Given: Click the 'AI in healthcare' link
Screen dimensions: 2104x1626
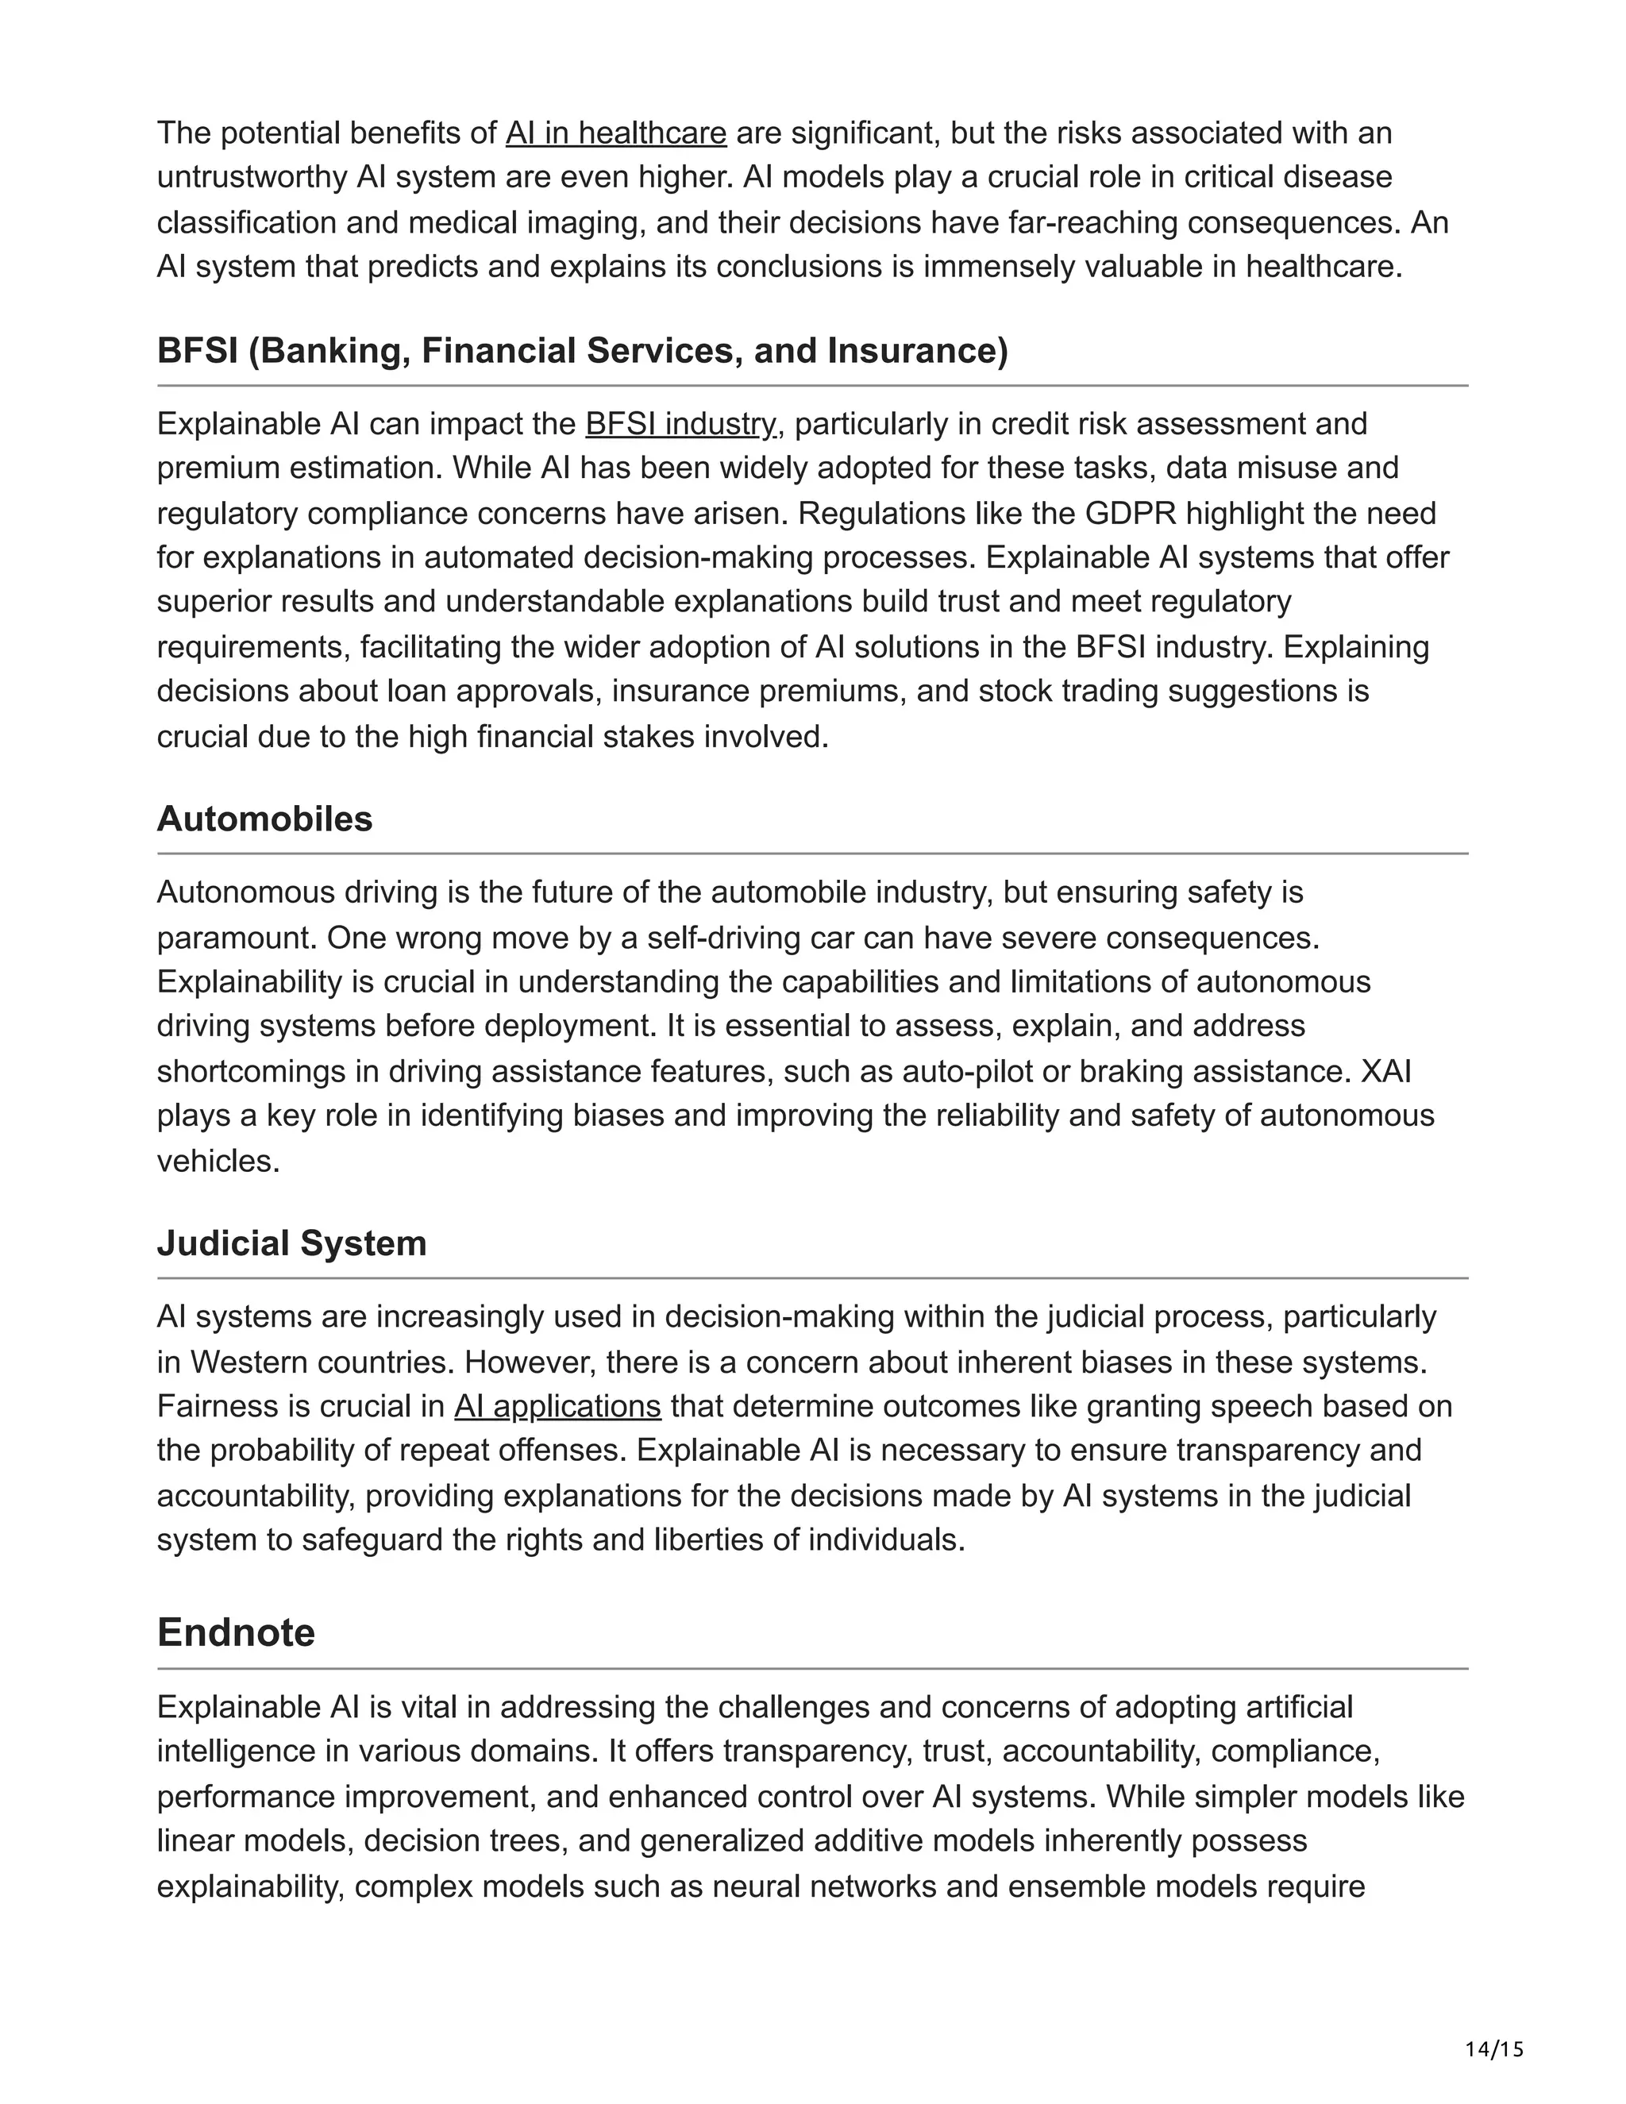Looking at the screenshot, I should (615, 133).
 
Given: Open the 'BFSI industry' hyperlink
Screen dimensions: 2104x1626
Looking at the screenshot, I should (681, 424).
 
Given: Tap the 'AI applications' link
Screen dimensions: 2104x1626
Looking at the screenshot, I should (557, 1407).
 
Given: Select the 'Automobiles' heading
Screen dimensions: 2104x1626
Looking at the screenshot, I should (265, 819).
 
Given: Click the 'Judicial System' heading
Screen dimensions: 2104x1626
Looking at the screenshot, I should (292, 1243).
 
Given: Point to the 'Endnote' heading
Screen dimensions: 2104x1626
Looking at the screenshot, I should (236, 1633).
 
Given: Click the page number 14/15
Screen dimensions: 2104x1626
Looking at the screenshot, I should (1494, 2050).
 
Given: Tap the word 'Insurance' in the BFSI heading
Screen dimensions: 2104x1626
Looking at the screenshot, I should (917, 351).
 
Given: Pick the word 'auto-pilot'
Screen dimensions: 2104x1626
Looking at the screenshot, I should (967, 1071).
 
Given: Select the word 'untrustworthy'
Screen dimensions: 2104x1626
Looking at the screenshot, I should (252, 177).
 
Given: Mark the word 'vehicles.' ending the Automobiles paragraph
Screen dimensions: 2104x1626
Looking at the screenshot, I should (218, 1161).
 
